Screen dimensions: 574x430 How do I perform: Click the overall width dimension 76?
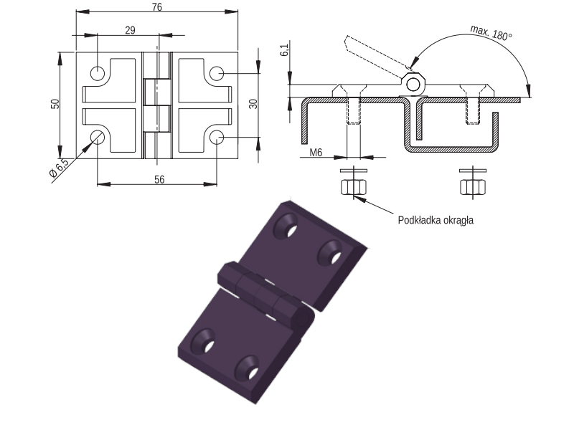[156, 7]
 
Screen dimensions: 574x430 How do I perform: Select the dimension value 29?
[130, 30]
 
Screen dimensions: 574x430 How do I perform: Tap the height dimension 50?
[55, 104]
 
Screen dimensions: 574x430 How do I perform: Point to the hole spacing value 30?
[253, 104]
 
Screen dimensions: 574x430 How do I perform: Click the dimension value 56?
[159, 180]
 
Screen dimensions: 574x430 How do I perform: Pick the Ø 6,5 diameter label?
[60, 168]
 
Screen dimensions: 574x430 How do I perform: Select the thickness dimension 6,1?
[284, 49]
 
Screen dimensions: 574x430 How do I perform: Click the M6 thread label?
[316, 152]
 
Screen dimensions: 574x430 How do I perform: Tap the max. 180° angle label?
[491, 32]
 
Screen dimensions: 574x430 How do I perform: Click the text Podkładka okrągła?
[436, 220]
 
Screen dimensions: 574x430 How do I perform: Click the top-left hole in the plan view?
[98, 73]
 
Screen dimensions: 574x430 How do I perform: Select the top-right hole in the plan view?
[217, 73]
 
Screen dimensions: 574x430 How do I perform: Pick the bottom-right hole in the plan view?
[217, 137]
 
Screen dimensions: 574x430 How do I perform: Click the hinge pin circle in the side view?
[413, 85]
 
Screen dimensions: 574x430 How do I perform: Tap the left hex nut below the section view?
[354, 187]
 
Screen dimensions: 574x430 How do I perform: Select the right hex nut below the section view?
[473, 187]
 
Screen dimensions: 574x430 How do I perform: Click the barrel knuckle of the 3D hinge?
[266, 295]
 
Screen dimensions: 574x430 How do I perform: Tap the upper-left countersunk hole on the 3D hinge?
[286, 226]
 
